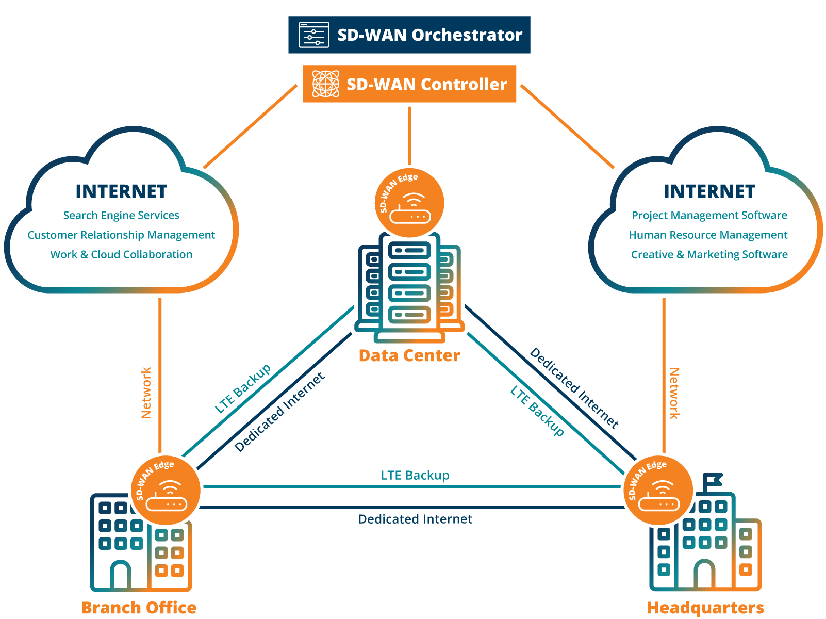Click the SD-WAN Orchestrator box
(409, 35)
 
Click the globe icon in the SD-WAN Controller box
(326, 84)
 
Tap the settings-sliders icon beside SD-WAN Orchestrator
(314, 35)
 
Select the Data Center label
(409, 355)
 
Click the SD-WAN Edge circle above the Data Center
(409, 203)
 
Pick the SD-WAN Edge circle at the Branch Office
(166, 490)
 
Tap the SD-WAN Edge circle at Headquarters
(658, 490)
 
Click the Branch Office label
(139, 607)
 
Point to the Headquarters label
(705, 607)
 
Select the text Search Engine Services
(121, 215)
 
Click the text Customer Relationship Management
(121, 235)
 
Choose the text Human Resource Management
(708, 235)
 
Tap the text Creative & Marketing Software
(709, 254)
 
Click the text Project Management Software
(709, 215)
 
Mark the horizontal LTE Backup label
(415, 475)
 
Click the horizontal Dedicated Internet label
(415, 519)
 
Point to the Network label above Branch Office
(146, 393)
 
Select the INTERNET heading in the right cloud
(709, 191)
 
